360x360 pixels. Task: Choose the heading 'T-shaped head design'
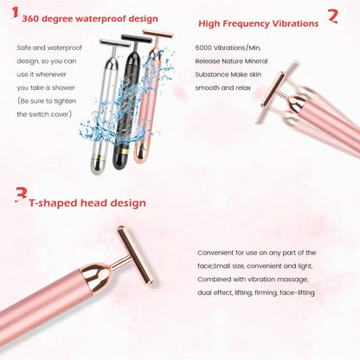[x=87, y=203]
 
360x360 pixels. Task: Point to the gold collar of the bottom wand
[x=97, y=278]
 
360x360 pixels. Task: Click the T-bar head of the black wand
[x=135, y=38]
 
